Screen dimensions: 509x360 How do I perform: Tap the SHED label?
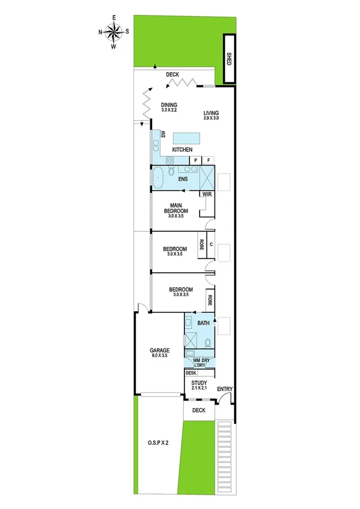click(228, 58)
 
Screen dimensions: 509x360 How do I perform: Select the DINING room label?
click(169, 105)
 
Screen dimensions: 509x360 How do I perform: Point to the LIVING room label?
click(211, 113)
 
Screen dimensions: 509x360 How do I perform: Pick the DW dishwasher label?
click(162, 135)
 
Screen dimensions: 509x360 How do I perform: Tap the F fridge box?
click(209, 160)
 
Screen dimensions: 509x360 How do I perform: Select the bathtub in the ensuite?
click(158, 177)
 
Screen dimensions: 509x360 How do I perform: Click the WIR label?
click(207, 194)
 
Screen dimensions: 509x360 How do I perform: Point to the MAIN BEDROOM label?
click(177, 208)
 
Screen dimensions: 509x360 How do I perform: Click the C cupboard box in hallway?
click(211, 244)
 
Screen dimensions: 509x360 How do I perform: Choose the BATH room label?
click(203, 324)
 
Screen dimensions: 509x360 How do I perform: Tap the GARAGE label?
click(159, 350)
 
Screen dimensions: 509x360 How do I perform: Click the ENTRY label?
click(224, 389)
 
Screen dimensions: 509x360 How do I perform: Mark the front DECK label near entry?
click(198, 411)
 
